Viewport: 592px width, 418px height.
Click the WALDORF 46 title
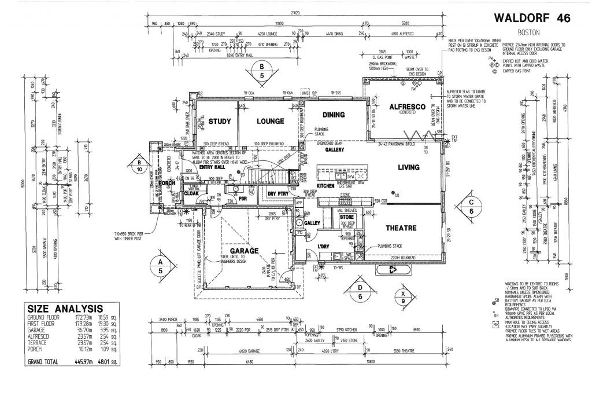(532, 19)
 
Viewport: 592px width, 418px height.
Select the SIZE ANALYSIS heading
(65, 309)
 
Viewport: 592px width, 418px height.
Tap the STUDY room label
(220, 122)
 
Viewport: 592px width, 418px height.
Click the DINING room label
(334, 115)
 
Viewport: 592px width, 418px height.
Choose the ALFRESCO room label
(408, 107)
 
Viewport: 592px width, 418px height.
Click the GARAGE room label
(245, 251)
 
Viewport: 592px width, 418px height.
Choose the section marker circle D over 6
(360, 292)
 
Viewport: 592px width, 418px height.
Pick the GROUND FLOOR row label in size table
(44, 318)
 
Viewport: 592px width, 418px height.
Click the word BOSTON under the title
(529, 33)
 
